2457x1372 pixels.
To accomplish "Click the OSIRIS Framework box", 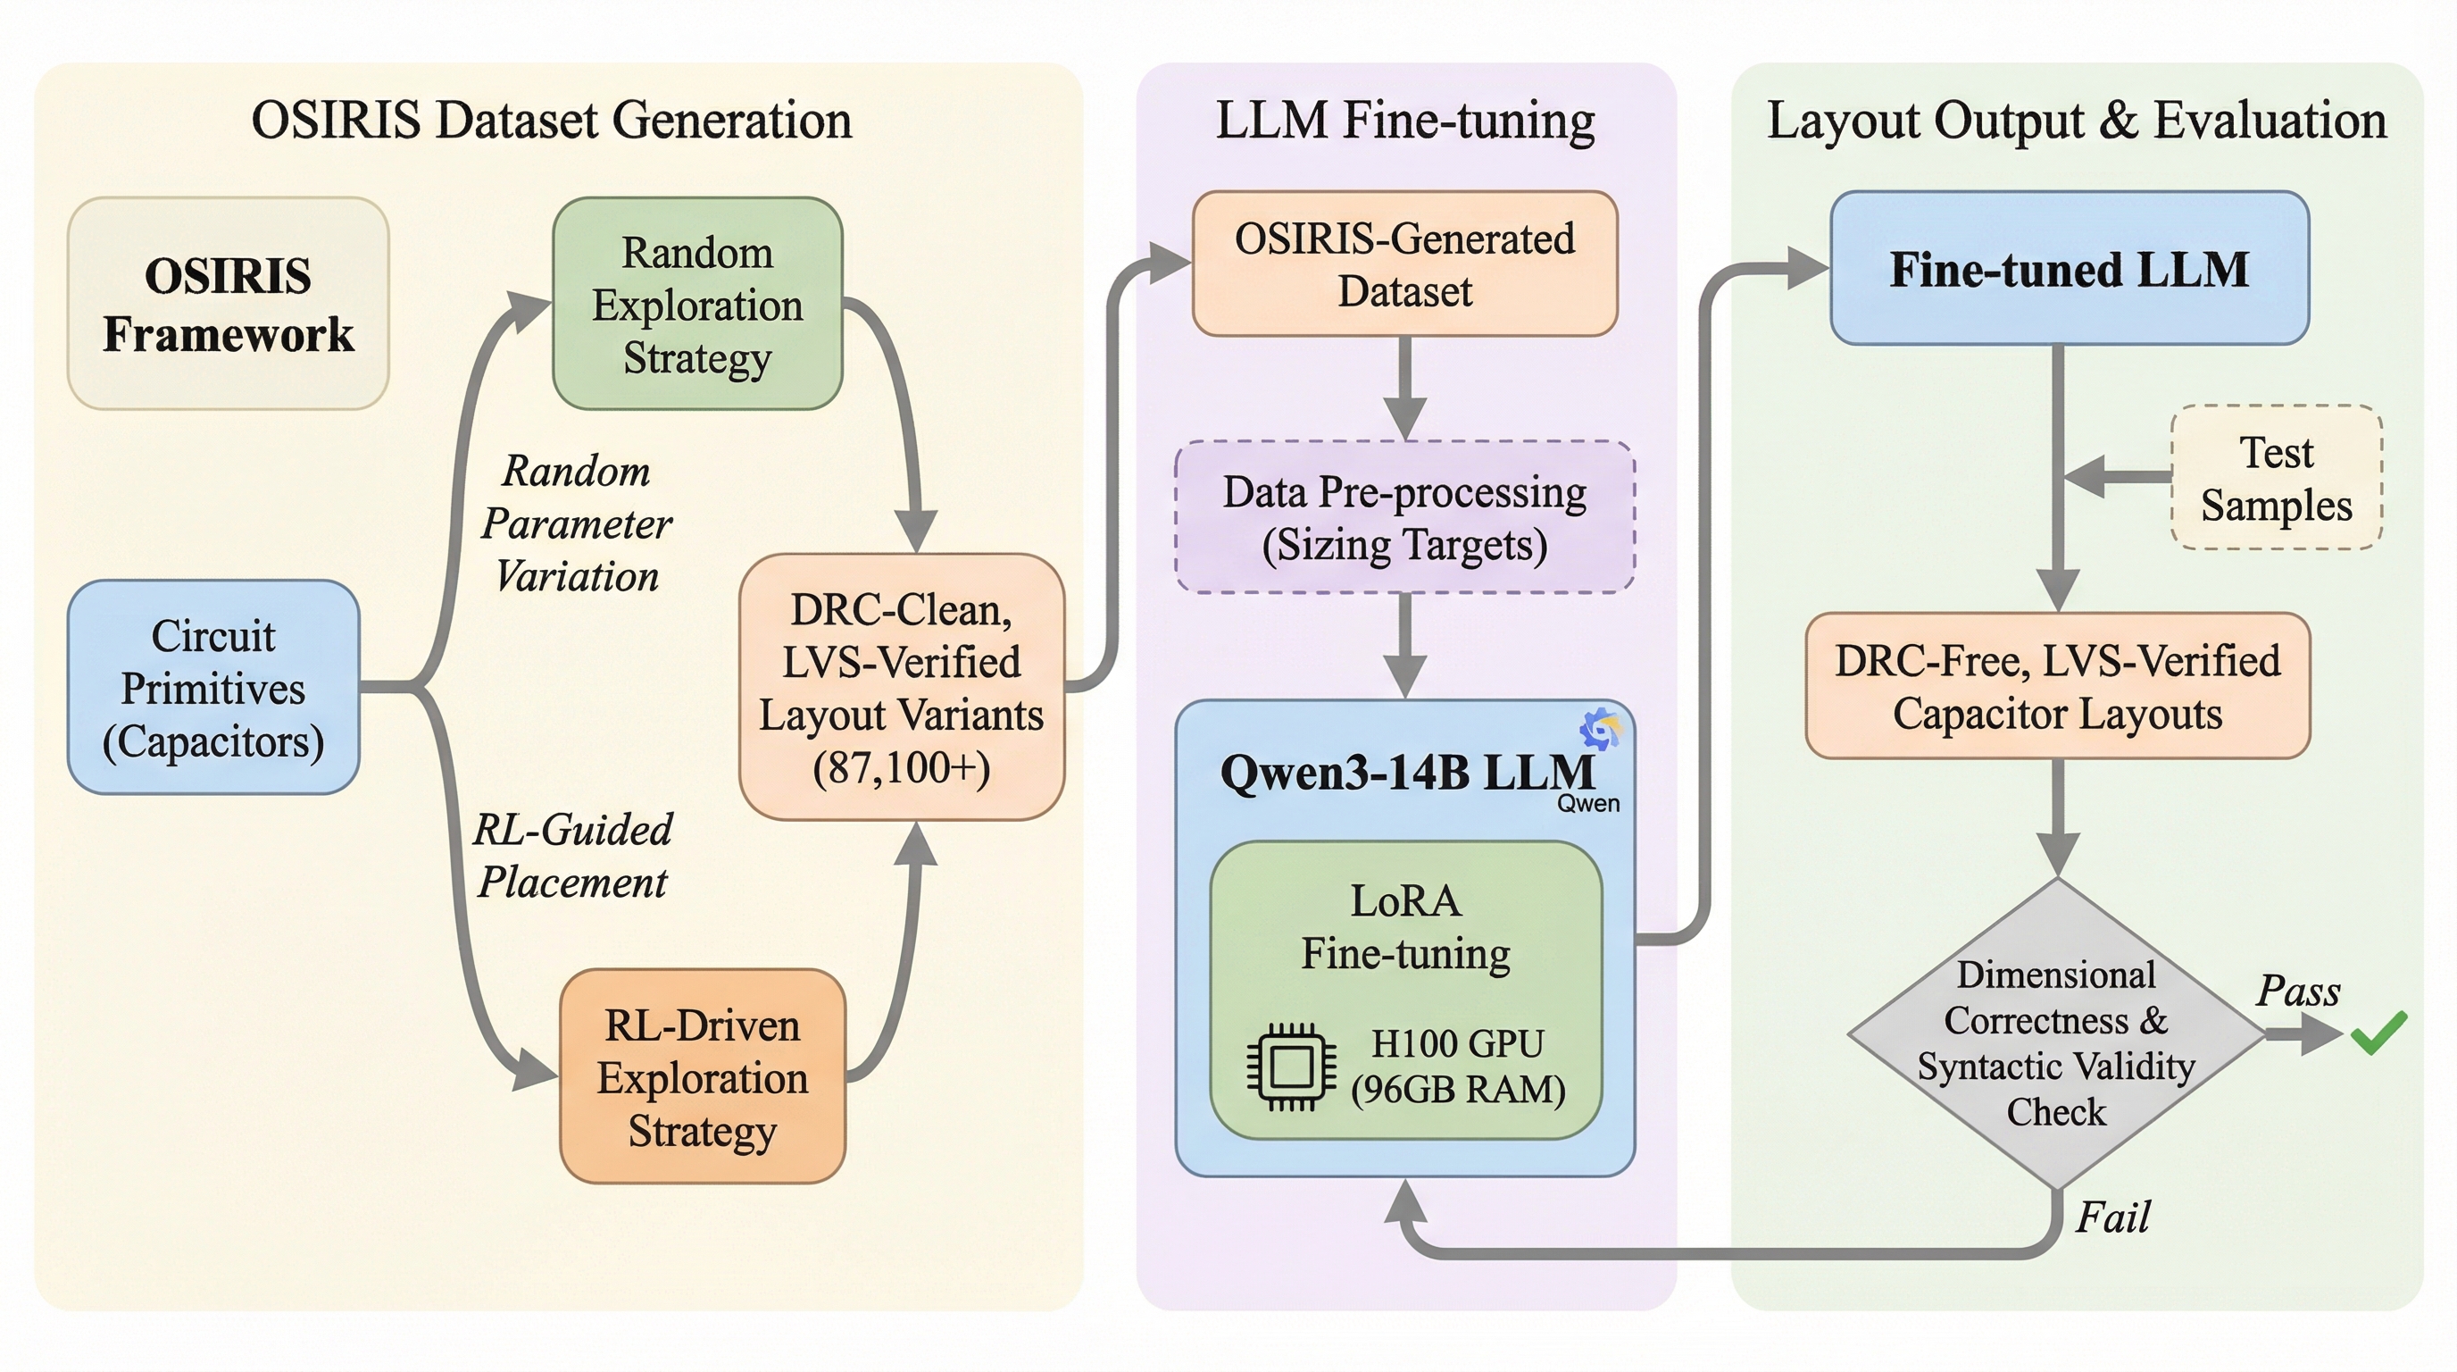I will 228,304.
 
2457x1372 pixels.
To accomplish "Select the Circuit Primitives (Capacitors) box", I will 212,687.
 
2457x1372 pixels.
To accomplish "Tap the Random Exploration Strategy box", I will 697,304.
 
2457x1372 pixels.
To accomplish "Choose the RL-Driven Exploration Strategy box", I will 702,1076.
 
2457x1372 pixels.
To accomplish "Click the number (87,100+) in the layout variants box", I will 902,767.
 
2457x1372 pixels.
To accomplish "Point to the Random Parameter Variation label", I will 576,523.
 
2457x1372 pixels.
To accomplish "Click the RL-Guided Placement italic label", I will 572,855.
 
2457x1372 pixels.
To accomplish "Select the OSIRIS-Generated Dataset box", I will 1404,264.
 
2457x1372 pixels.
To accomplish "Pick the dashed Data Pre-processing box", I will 1404,517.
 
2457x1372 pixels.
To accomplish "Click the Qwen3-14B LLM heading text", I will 1406,773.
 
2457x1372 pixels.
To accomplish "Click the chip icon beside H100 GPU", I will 1290,1067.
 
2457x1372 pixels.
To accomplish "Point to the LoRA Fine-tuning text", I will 1406,926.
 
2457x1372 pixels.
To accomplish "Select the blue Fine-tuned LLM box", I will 2069,268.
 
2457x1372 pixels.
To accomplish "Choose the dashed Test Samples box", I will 2276,477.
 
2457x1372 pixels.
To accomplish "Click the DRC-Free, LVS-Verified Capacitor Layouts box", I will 2057,686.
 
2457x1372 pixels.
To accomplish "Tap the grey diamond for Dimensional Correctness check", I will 2056,1035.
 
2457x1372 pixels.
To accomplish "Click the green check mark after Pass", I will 2378,1033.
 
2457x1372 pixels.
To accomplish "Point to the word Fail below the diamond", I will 2111,1217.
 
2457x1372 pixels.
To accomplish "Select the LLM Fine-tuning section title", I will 1405,121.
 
